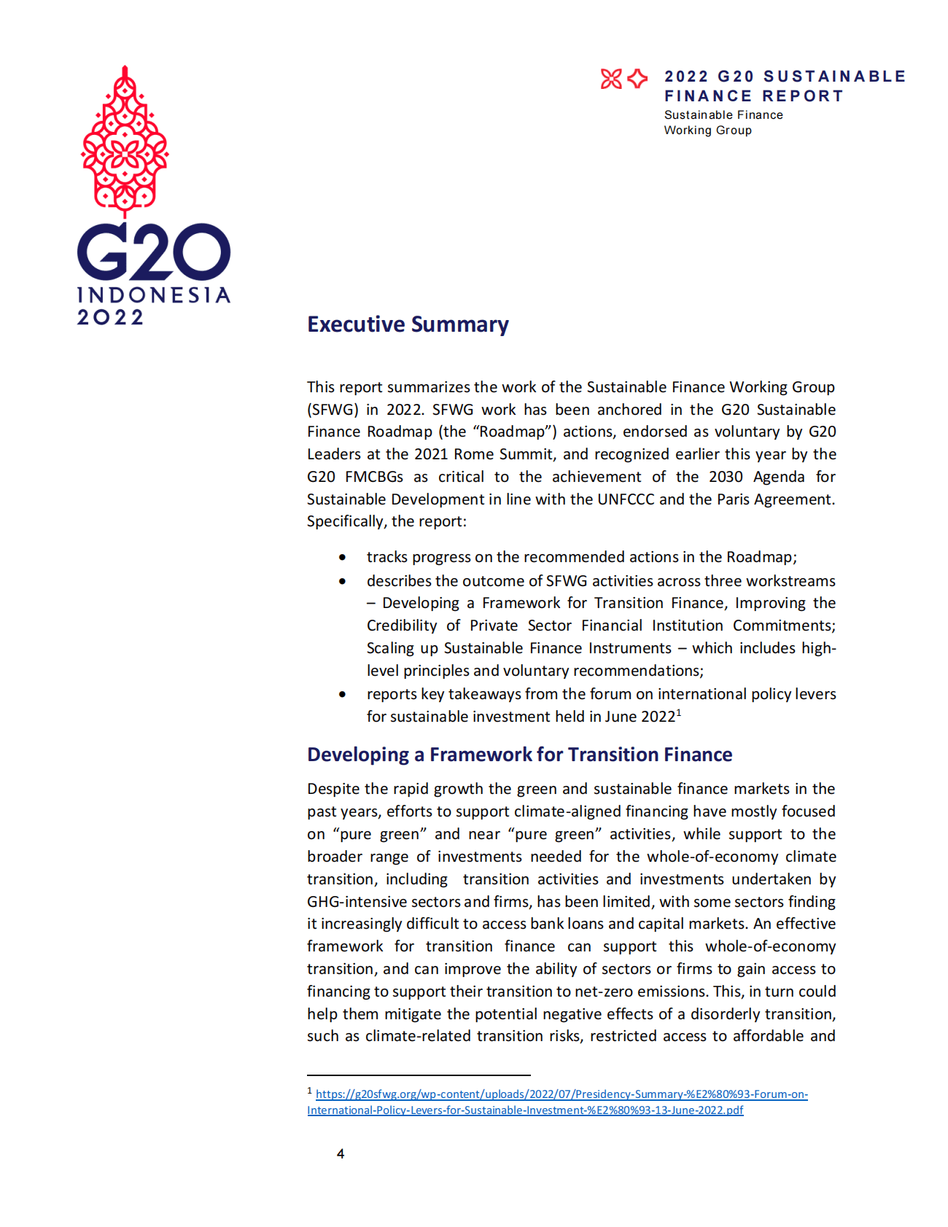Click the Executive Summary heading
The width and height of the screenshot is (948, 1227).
408,324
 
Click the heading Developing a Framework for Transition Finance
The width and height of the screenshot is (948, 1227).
519,755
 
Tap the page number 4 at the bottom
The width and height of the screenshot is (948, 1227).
341,1153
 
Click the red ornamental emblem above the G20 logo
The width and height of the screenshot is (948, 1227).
125,141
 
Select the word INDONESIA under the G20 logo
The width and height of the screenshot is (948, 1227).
154,295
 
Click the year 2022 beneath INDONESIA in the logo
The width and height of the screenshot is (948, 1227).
111,317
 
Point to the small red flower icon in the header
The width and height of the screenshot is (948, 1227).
611,79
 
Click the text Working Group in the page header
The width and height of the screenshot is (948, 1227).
707,131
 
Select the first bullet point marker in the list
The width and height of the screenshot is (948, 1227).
342,558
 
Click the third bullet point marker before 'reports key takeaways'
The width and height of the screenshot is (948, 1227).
342,694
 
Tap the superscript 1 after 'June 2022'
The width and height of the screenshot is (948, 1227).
679,712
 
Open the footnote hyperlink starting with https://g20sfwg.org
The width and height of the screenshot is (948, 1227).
562,1094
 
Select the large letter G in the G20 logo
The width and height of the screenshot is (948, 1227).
103,252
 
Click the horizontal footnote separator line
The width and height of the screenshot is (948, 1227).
419,1075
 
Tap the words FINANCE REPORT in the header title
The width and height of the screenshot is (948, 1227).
753,96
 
